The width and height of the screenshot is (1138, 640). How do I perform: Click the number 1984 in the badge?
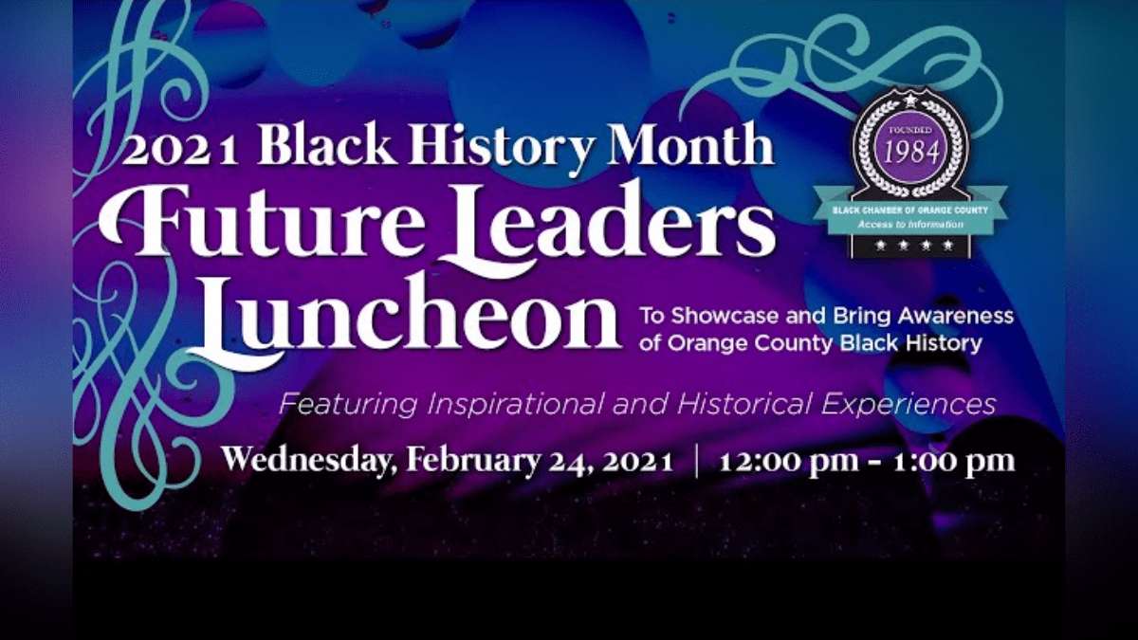pyautogui.click(x=911, y=153)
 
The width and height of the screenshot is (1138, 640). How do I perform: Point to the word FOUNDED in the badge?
pyautogui.click(x=911, y=130)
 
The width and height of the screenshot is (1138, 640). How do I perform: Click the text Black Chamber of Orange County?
pyautogui.click(x=910, y=210)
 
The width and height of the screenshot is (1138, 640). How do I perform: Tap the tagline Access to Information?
pyautogui.click(x=910, y=225)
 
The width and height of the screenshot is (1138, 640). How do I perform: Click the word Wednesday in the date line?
pyautogui.click(x=309, y=461)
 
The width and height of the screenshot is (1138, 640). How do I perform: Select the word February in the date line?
pyautogui.click(x=473, y=461)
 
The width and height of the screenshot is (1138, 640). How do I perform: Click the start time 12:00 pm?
pyautogui.click(x=789, y=461)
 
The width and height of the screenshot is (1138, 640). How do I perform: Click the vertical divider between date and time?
pyautogui.click(x=696, y=461)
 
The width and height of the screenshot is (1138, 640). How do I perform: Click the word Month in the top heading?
pyautogui.click(x=691, y=144)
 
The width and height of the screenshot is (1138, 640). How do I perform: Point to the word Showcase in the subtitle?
pyautogui.click(x=726, y=316)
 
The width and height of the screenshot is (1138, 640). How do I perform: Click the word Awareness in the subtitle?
pyautogui.click(x=956, y=316)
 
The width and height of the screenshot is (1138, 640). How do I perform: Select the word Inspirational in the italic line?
pyautogui.click(x=517, y=405)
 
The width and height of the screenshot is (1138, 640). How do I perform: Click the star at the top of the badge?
pyautogui.click(x=910, y=99)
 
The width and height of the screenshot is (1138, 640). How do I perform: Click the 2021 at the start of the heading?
pyautogui.click(x=180, y=151)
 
